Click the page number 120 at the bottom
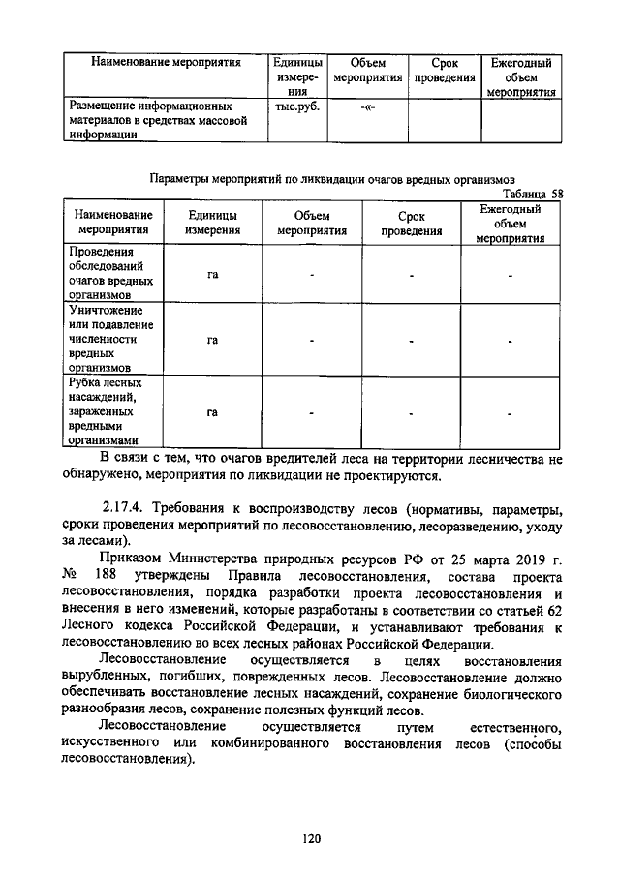point(310,839)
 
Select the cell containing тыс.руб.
point(297,107)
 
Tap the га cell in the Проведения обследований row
point(212,275)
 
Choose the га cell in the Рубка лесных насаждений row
point(212,412)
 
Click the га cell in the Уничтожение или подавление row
point(212,341)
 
